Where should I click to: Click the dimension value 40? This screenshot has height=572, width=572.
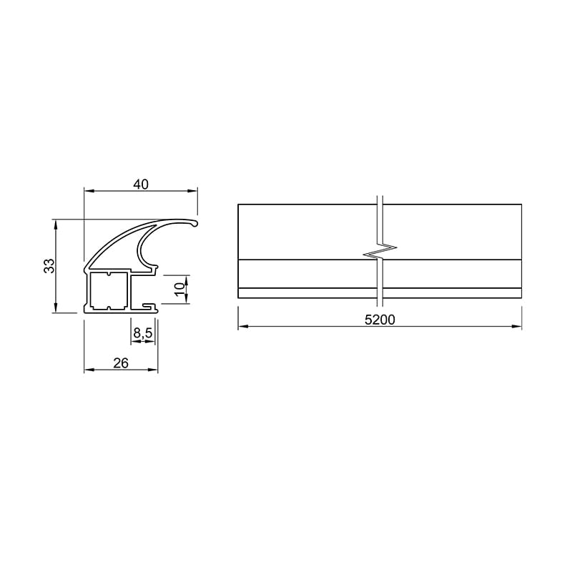pos(141,184)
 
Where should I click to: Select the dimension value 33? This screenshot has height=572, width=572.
pos(49,265)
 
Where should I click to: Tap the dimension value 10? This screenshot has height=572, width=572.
pos(180,290)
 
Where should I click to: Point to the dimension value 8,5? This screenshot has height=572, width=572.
pos(142,333)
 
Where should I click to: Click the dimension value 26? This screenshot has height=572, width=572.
pos(121,363)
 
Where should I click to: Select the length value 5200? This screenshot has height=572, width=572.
pos(380,320)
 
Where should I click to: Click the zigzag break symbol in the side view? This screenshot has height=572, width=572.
pos(380,251)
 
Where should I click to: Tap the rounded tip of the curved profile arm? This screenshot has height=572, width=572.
pos(195,223)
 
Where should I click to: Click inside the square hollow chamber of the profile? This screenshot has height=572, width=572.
pos(108,290)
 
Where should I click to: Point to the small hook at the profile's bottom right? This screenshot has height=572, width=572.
pos(150,306)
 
